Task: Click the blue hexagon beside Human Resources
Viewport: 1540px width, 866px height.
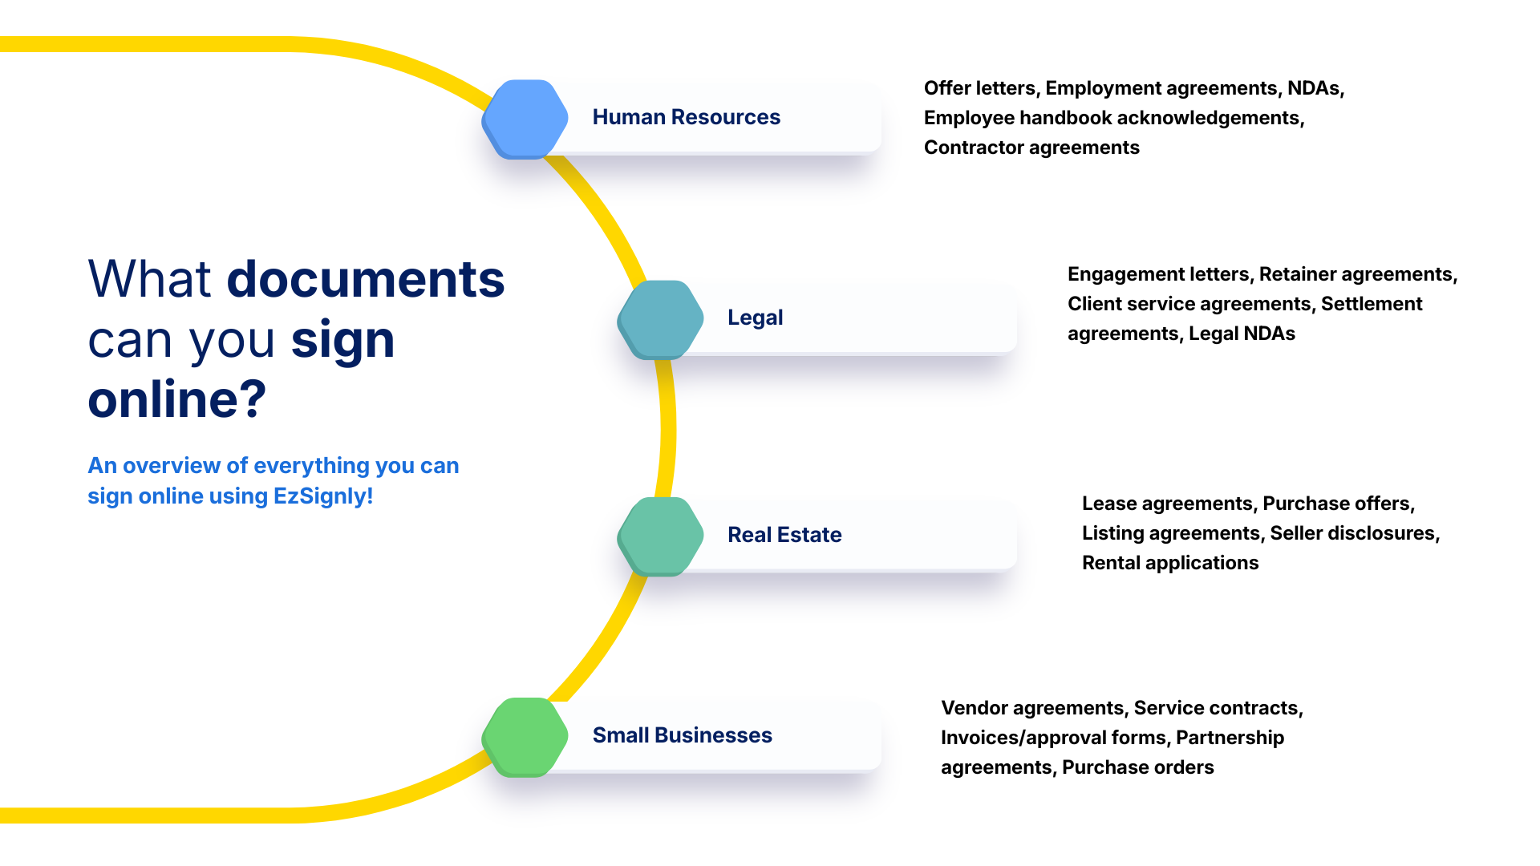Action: pos(525,119)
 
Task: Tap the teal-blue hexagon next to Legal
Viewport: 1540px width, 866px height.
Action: pos(660,319)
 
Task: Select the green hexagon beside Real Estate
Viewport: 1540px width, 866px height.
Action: pos(660,536)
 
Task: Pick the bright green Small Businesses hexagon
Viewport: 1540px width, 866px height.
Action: pos(525,736)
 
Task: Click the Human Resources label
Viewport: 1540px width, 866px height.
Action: pos(686,117)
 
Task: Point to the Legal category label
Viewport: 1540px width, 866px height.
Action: pos(755,318)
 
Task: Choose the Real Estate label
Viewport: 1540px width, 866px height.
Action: pos(784,535)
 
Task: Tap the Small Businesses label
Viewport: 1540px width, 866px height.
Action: pos(682,735)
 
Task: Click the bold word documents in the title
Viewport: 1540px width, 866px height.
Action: pos(366,279)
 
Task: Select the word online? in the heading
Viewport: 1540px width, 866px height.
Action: pos(176,399)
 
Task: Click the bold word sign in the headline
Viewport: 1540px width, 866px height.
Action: pos(342,339)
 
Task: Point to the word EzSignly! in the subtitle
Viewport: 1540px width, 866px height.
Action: pos(323,496)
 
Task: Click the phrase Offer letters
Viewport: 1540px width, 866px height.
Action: pos(979,88)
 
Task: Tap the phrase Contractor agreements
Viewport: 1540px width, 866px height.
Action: pos(1031,148)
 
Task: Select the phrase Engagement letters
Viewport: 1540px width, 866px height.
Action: pos(1157,274)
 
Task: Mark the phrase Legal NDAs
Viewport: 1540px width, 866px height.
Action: pos(1242,334)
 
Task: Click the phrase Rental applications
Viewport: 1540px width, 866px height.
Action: pos(1169,563)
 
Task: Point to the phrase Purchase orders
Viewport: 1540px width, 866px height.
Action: pos(1137,767)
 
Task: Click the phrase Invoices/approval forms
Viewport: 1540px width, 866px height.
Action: pos(1053,738)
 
